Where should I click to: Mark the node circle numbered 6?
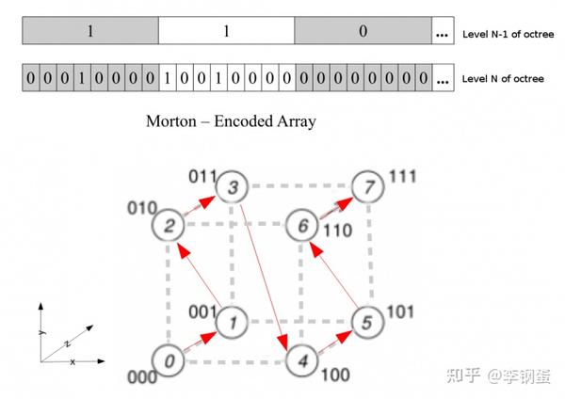[302, 224]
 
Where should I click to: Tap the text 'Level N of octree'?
[500, 79]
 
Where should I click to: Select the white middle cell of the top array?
[226, 31]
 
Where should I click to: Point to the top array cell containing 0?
[363, 31]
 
